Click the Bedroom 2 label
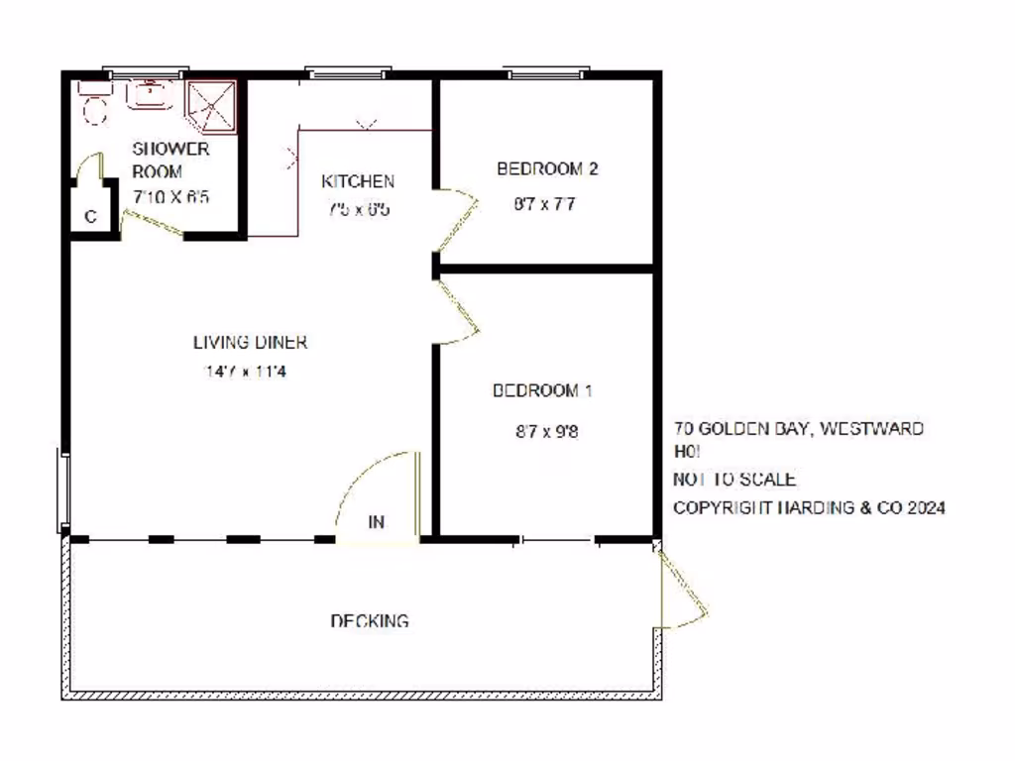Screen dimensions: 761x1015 pos(546,168)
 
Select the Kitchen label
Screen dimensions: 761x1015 pos(358,181)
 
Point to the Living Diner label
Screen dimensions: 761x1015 pos(250,343)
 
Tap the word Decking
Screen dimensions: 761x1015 pos(369,621)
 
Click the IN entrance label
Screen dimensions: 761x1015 pos(377,522)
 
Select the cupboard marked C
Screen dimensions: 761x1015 pos(90,217)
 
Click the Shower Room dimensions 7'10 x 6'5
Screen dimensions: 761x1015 pos(170,196)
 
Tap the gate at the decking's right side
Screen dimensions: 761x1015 pos(682,590)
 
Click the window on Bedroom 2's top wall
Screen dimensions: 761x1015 pos(546,72)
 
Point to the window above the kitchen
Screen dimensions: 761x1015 pos(347,72)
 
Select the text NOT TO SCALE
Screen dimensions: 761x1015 pos(733,480)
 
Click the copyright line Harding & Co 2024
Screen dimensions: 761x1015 pos(809,507)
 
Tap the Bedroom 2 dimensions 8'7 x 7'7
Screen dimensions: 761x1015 pos(543,205)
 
